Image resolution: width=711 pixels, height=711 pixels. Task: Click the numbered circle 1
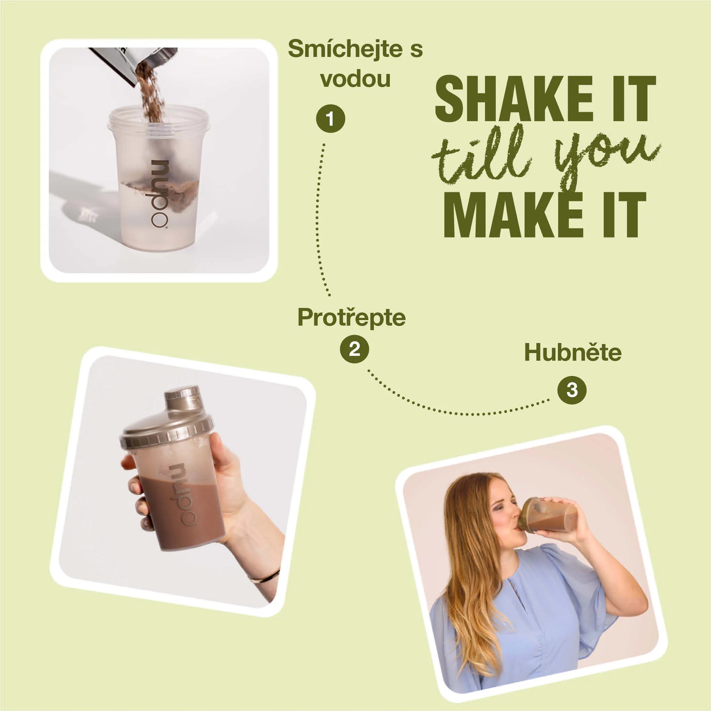(330, 119)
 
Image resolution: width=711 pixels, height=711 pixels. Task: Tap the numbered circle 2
(354, 349)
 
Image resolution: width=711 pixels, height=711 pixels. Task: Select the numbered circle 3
(572, 390)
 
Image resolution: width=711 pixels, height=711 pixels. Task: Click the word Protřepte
(351, 317)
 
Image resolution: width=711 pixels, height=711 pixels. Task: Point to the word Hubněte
(573, 352)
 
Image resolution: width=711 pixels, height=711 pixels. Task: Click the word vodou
(355, 79)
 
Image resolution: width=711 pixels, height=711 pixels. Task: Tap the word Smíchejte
(345, 49)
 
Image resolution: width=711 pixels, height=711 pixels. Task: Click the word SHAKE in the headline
(514, 99)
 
